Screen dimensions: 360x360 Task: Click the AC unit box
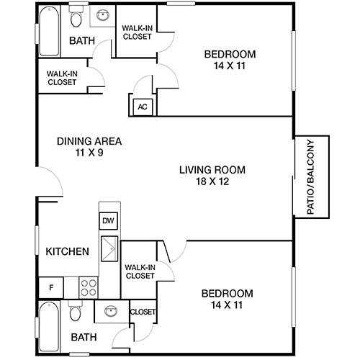pos(142,107)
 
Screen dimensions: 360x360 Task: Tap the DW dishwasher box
pos(108,221)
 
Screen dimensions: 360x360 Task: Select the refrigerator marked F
pos(50,287)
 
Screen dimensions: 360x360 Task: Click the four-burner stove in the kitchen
pos(88,287)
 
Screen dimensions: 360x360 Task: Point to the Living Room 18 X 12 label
pos(212,176)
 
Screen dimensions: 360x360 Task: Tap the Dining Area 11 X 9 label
pos(89,146)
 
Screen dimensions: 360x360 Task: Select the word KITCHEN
pos(68,251)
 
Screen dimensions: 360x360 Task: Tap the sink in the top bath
pos(102,14)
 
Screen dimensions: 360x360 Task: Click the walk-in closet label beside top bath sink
pos(137,32)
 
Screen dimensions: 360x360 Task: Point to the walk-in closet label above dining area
pos(62,77)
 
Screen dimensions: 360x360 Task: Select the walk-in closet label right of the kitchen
pos(140,271)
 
